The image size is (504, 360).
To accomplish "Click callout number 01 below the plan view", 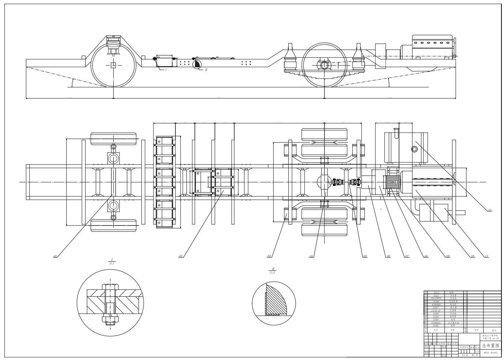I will [56, 257].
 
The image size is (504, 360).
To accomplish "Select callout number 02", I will [181, 257].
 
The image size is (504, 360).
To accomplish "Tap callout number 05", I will [365, 257].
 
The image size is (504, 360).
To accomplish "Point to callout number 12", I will [489, 210].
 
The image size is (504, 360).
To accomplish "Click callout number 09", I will [447, 257].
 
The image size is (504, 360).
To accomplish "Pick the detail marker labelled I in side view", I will [166, 69].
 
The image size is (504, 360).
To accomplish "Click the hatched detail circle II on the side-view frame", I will [197, 64].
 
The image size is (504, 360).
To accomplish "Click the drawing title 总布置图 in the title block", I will [490, 345].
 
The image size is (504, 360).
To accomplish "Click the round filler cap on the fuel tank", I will [414, 149].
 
